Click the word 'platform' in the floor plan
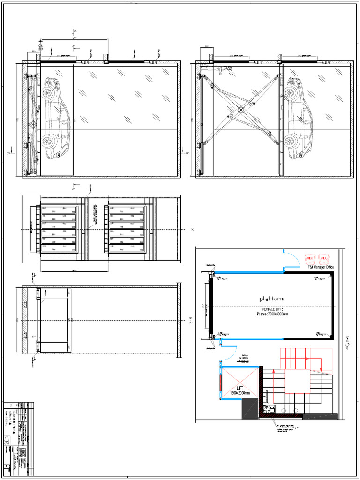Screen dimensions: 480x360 point(272,299)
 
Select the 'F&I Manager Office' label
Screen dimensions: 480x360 point(321,267)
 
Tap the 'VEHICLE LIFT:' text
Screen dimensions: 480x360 point(272,309)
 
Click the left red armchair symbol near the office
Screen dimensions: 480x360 point(310,258)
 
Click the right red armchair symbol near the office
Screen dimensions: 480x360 point(323,258)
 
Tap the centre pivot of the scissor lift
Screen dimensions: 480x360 point(240,111)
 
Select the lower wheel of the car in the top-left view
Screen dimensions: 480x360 point(47,141)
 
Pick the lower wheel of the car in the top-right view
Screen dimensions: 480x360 point(290,140)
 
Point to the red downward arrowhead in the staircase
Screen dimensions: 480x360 point(320,368)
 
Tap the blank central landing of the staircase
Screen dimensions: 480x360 point(297,381)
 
